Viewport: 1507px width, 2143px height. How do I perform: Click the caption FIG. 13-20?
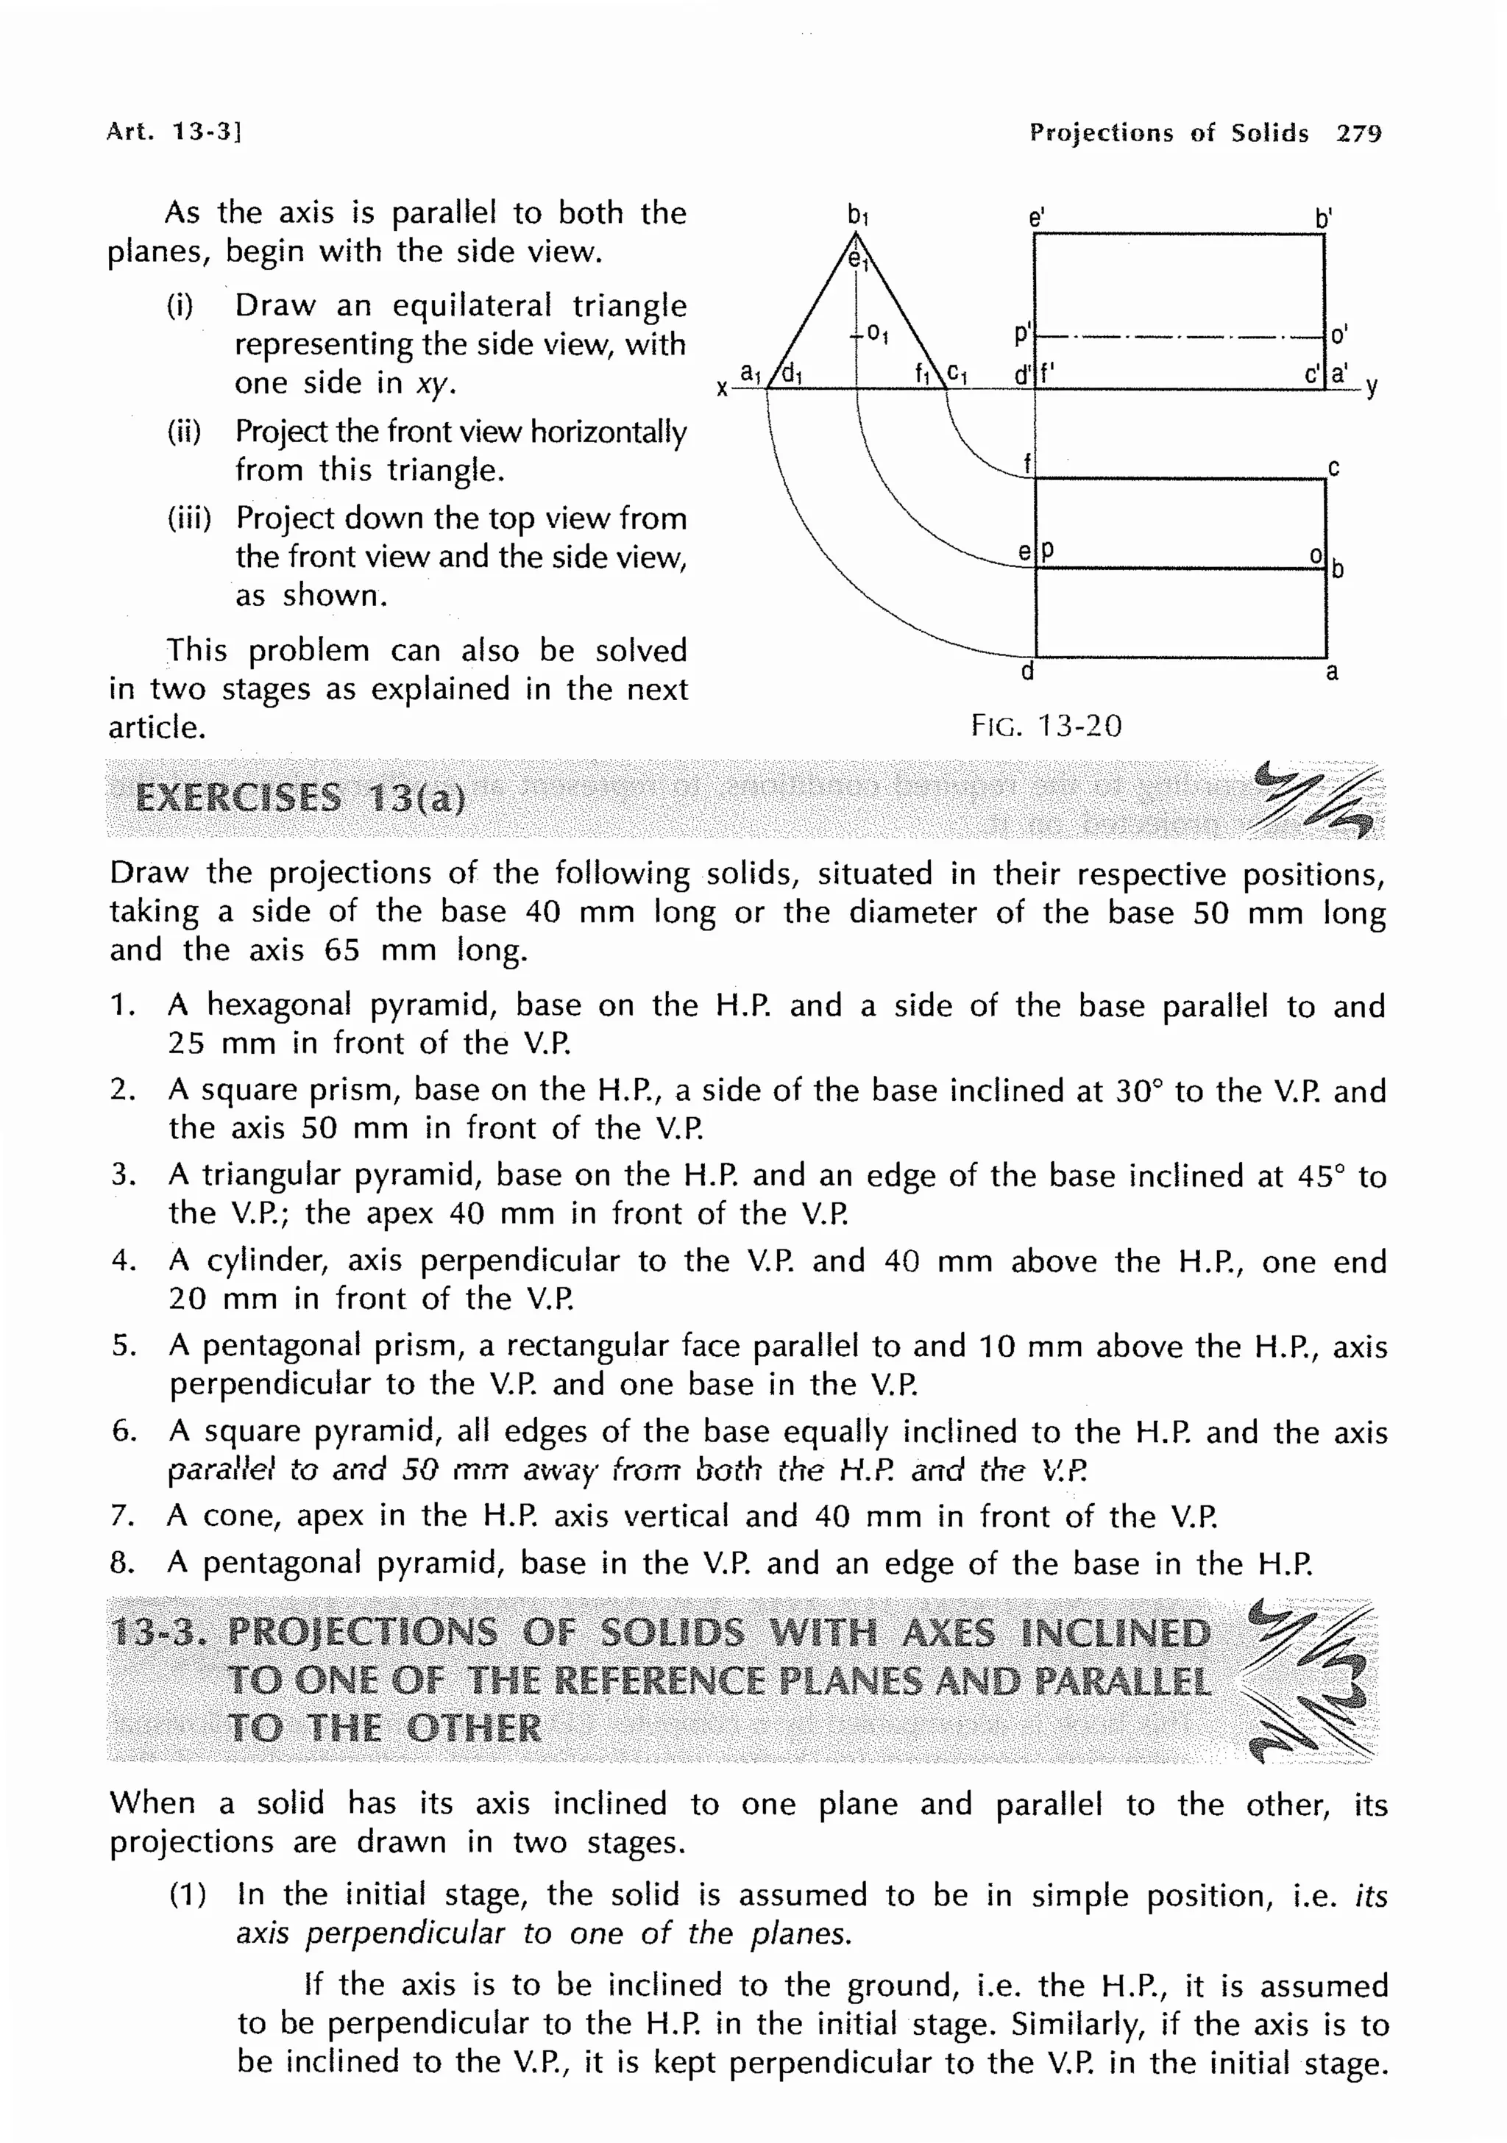[1046, 725]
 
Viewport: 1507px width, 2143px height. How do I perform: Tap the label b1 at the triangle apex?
[858, 215]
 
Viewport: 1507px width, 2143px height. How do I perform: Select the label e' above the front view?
[1035, 218]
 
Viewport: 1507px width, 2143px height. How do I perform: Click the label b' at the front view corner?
[1323, 218]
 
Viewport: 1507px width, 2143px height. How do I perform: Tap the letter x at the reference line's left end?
[721, 388]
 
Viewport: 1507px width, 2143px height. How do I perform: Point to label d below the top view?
[1027, 671]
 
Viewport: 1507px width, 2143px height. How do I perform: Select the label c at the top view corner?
[1333, 468]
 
